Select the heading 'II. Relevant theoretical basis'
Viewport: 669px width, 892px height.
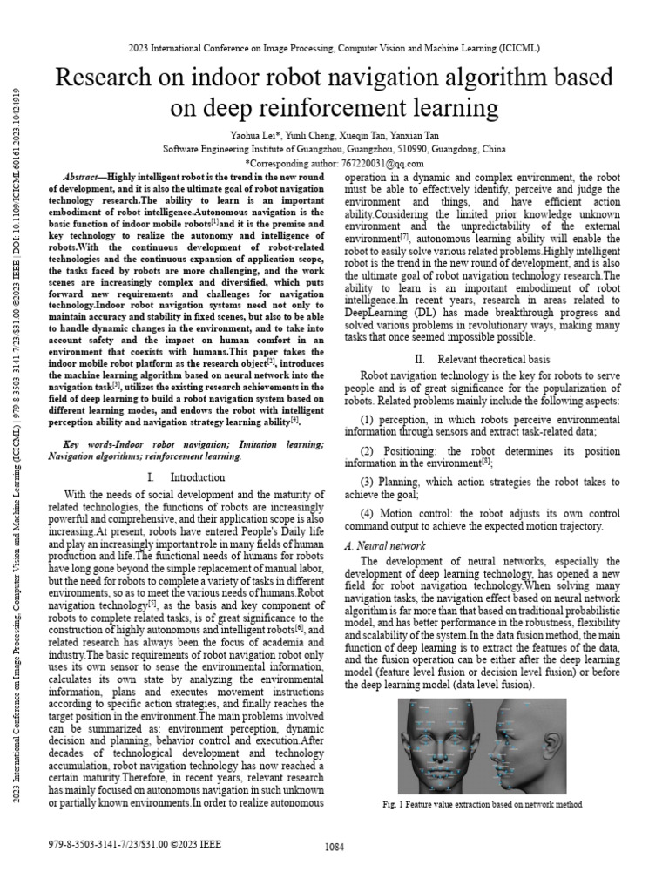coord(482,359)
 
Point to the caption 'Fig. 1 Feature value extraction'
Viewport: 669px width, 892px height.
coord(482,804)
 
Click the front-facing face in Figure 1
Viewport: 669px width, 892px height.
coord(443,746)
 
